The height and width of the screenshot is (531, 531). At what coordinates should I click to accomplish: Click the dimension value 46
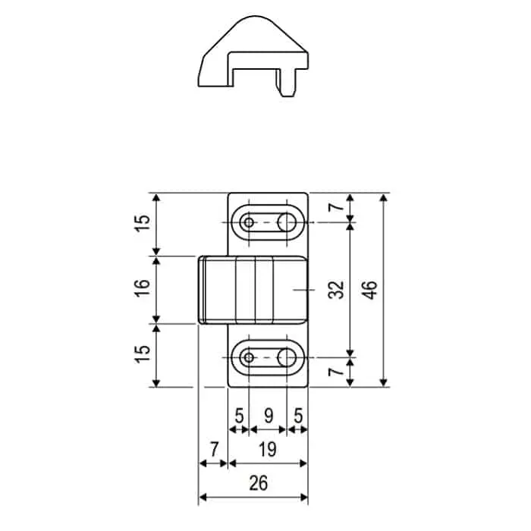tap(370, 290)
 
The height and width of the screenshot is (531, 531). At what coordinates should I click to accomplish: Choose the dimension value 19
tap(268, 450)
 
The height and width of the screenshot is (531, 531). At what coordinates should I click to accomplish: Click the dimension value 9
tap(268, 416)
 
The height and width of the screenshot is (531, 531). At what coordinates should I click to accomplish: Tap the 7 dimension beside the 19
tap(214, 450)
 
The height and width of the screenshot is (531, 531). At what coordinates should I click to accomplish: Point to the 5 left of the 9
tap(239, 416)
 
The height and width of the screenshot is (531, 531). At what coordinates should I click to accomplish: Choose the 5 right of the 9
tap(298, 416)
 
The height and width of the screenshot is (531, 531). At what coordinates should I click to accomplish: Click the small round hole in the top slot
tap(248, 222)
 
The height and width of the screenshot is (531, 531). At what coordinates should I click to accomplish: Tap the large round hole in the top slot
tap(287, 222)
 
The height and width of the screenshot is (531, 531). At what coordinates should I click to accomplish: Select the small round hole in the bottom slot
tap(248, 356)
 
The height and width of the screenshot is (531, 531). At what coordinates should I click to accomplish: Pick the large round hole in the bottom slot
tap(287, 356)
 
